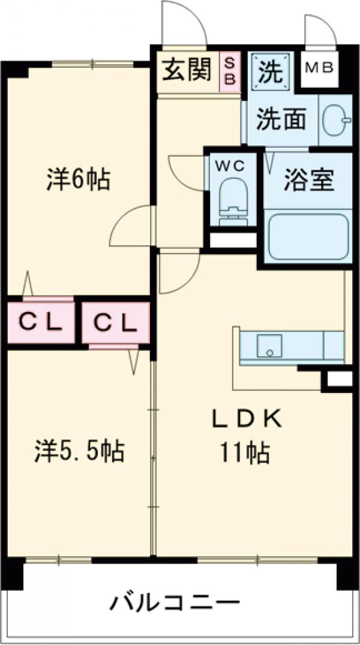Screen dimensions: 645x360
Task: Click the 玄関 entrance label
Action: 187,71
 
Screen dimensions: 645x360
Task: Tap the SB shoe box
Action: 230,71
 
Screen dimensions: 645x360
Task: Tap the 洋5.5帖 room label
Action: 78,450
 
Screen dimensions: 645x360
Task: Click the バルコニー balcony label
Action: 174,602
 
